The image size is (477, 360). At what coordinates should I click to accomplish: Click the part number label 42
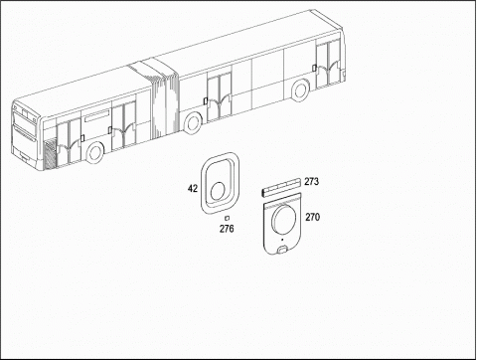(193, 189)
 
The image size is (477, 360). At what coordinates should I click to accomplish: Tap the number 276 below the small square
(227, 229)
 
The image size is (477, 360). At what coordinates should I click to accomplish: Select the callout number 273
(312, 182)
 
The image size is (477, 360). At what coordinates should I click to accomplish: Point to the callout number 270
(313, 217)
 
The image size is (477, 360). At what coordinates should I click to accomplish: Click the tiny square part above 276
(227, 218)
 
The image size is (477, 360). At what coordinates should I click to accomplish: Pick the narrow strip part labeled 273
(281, 188)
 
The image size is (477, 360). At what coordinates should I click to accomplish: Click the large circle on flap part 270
(284, 219)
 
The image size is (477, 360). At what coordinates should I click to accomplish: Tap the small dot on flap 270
(282, 240)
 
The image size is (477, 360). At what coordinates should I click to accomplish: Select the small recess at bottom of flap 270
(282, 250)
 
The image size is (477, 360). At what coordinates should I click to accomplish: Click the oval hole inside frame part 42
(218, 191)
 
